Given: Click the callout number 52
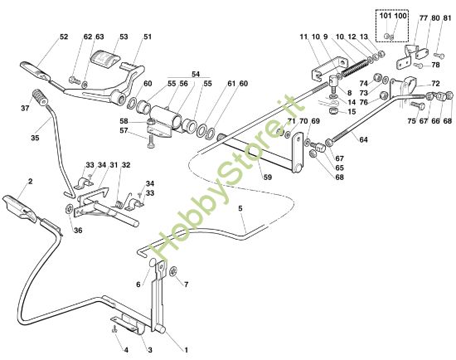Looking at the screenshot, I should click(x=41, y=36).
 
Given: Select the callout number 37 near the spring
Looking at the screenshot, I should click(x=24, y=108).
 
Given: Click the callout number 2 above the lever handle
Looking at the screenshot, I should click(x=30, y=180).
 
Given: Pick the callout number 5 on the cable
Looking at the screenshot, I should click(x=241, y=208).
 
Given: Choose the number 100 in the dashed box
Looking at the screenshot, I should click(x=402, y=17).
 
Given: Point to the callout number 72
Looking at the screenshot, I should click(x=436, y=85).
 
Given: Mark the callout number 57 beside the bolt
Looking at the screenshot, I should click(x=124, y=130).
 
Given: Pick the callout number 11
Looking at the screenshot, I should click(x=303, y=37).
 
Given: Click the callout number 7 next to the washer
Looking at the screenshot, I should click(x=186, y=285).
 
